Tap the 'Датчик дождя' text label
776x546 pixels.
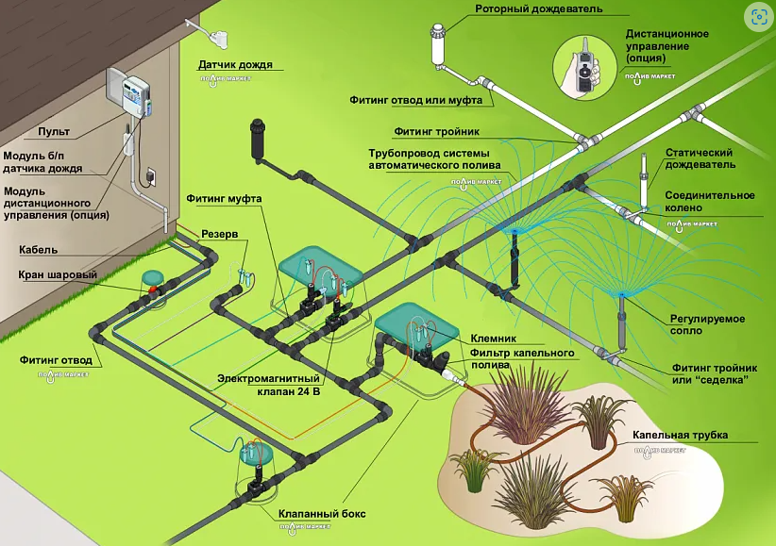coord(235,66)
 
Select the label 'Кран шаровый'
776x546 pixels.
coord(58,275)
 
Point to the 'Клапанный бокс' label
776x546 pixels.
coord(322,515)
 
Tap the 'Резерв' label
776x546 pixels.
coord(219,233)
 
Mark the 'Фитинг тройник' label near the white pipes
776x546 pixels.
coord(438,133)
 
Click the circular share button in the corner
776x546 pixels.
coord(758,16)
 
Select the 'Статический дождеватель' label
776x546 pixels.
coord(700,157)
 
